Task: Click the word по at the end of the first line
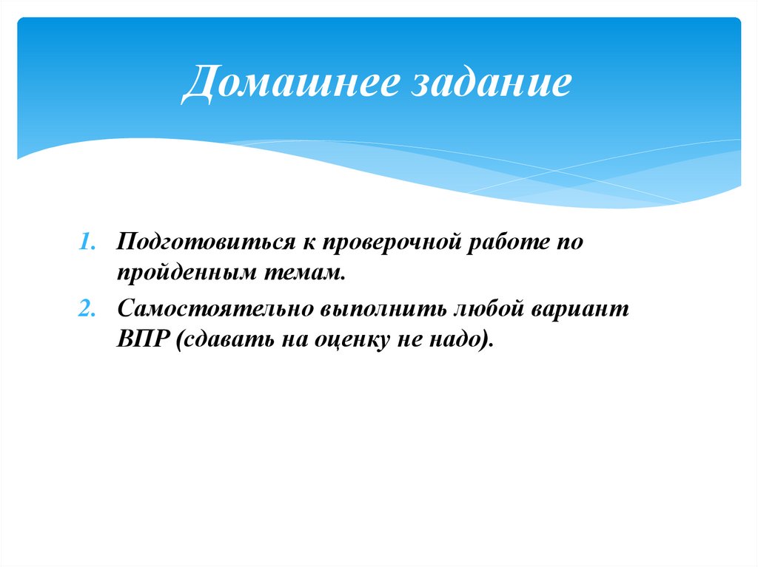pos(569,244)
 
